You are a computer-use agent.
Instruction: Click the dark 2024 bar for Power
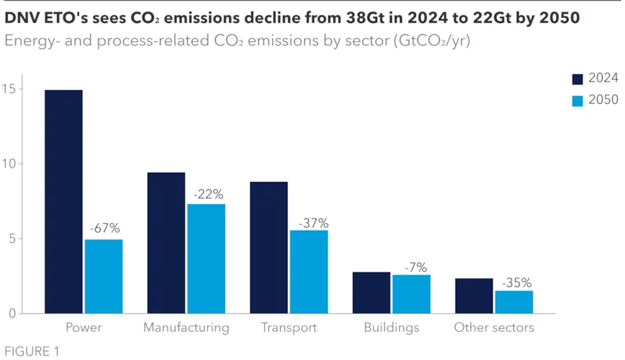tap(64, 202)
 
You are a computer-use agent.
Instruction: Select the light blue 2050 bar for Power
tap(103, 276)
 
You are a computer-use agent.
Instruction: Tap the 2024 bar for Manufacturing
tap(166, 243)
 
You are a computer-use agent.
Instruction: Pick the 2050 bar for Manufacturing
tap(206, 259)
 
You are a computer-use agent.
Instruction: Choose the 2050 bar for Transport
tap(309, 272)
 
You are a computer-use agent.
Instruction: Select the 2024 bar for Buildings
tap(371, 293)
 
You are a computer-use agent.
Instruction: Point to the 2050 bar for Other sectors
tap(514, 302)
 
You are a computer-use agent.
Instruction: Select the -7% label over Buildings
tap(412, 266)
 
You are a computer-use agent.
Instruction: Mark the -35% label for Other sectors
tap(515, 282)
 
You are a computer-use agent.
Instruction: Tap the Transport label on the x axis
tap(289, 327)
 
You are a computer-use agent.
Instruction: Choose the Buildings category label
tap(391, 327)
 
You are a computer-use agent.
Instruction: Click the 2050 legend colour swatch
tap(577, 100)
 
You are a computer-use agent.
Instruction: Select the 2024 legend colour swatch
tap(577, 80)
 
